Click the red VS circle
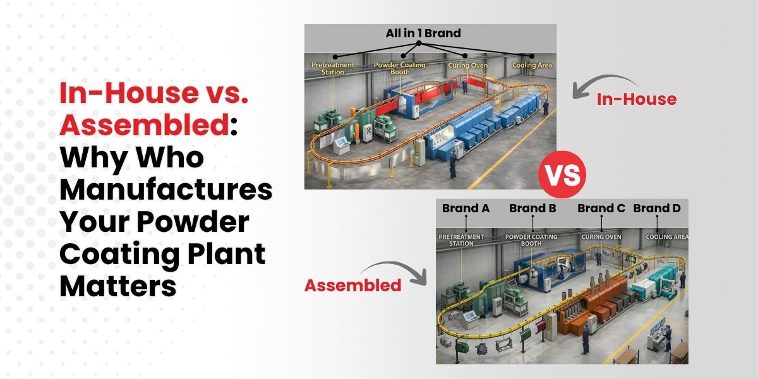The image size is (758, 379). coord(562,174)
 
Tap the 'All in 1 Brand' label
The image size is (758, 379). coord(423,33)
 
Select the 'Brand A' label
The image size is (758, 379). coord(466,208)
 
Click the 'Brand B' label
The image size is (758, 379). coord(532,208)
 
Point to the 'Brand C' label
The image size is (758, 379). coord(601,208)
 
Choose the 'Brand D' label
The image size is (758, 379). coord(657,208)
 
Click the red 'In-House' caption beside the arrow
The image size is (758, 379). coord(637,99)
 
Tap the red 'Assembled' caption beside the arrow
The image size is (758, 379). coord(352,286)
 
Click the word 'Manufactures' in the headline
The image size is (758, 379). coord(165,190)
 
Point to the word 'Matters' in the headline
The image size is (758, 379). coord(118,287)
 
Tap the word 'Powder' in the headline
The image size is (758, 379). coord(193,222)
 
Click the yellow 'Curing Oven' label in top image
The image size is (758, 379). coord(468,66)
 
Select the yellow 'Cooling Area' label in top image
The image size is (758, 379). coord(532,65)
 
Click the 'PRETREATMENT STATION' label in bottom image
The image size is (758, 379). coord(461,240)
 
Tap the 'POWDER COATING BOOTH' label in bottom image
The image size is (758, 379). coord(531,240)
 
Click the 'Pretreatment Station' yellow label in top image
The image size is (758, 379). coord(333,68)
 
